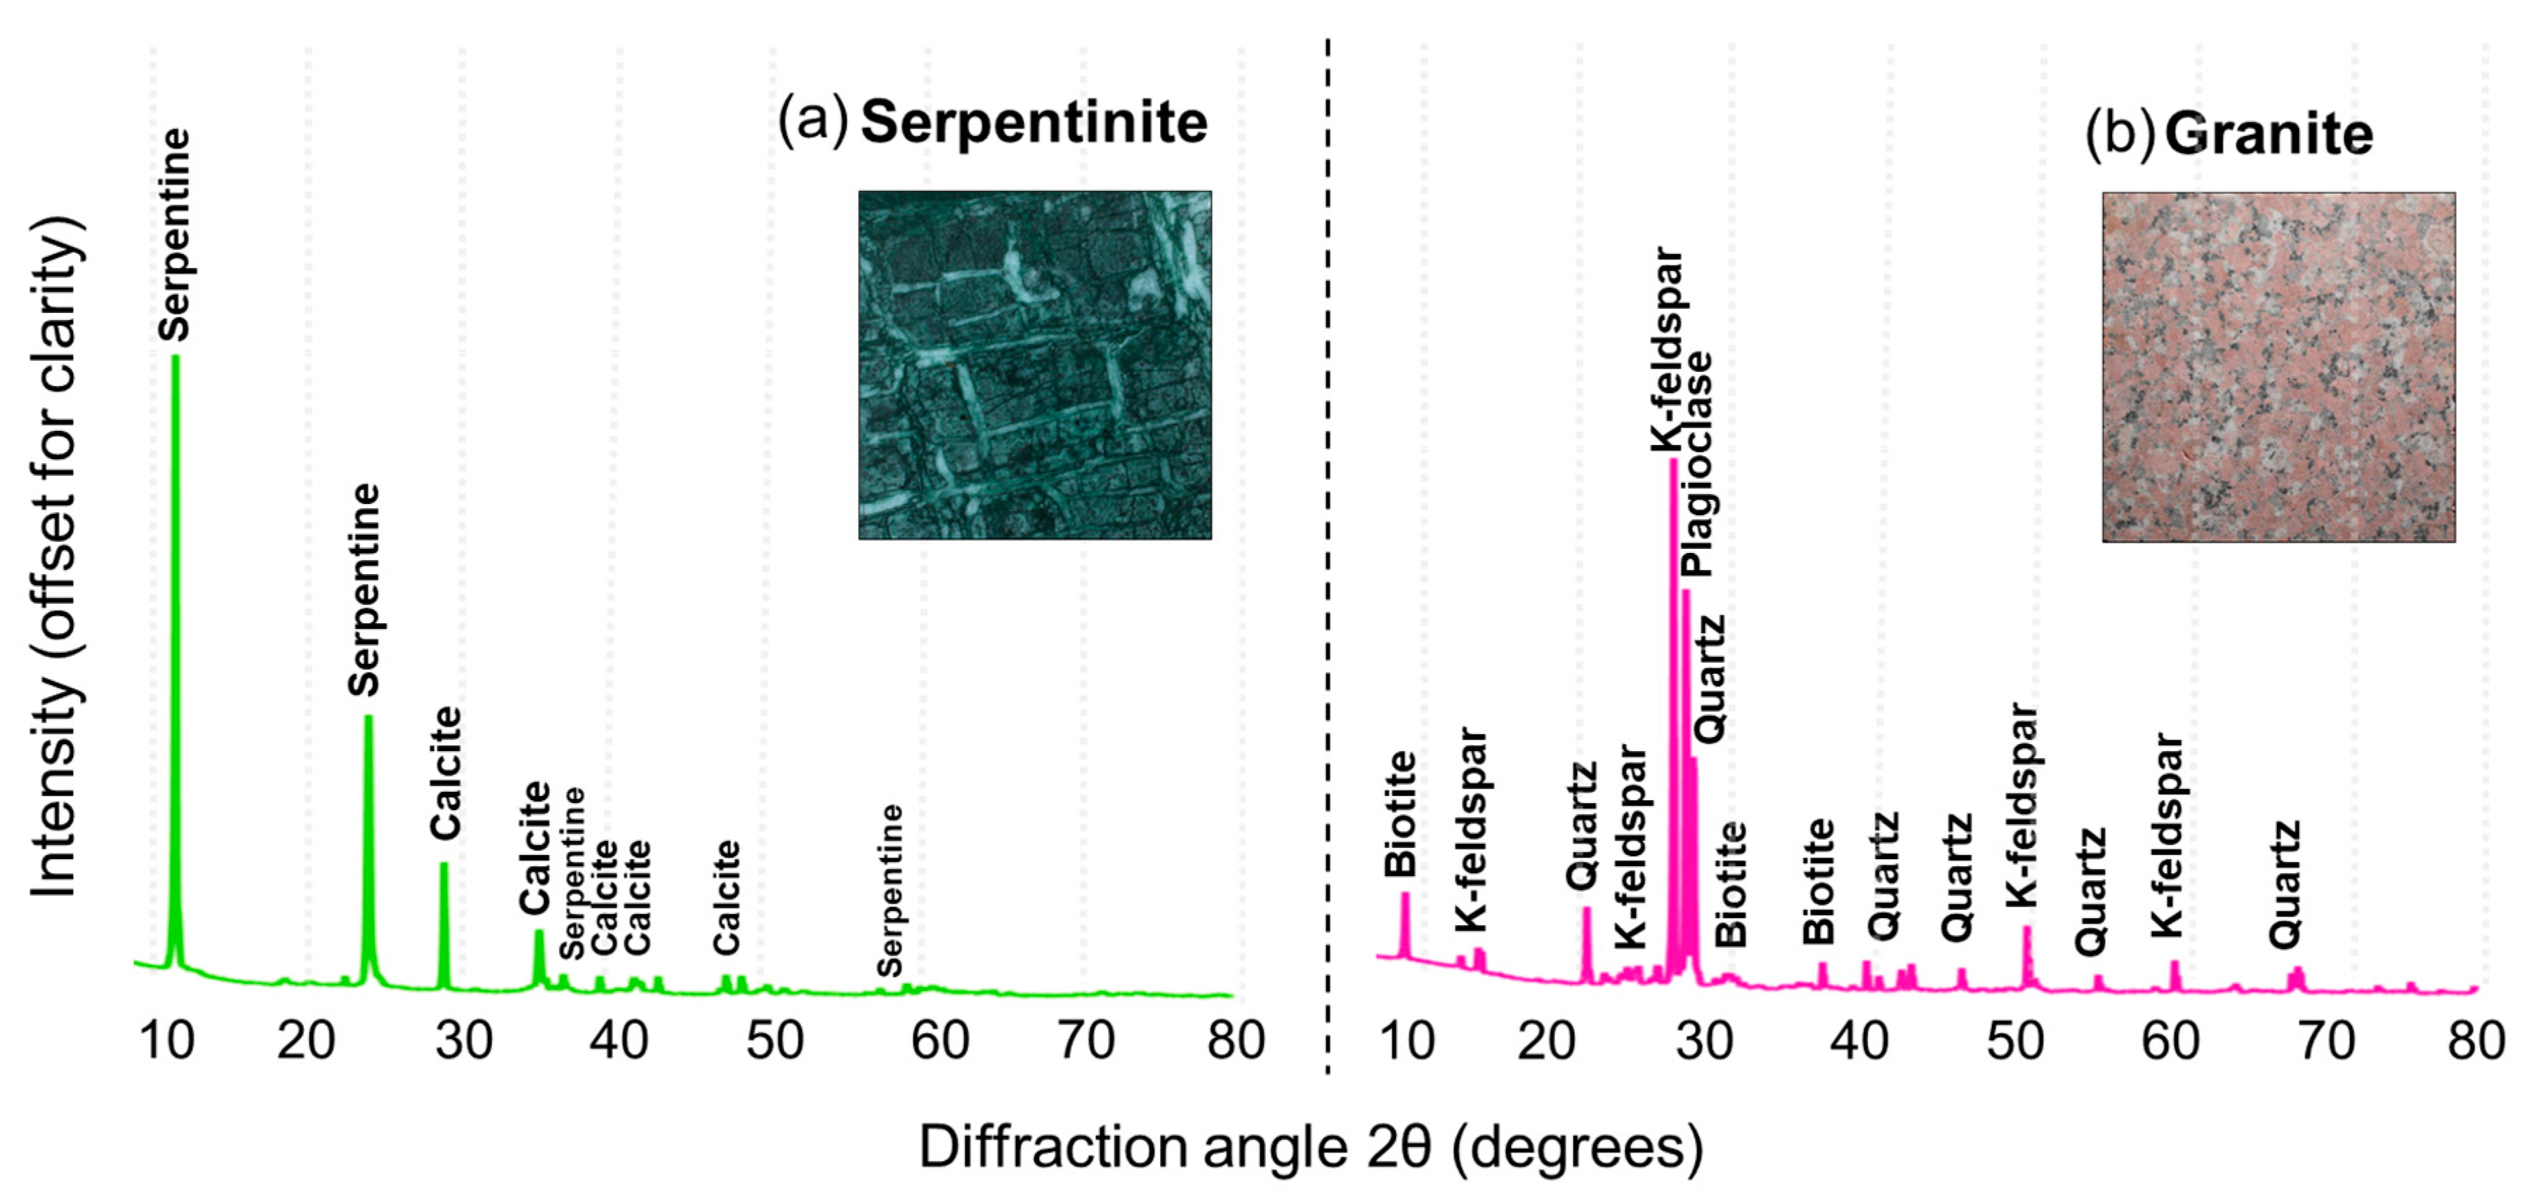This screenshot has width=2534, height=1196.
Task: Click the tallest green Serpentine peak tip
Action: tap(176, 359)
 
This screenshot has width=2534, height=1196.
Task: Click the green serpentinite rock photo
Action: tap(1035, 365)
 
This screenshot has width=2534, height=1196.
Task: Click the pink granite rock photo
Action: tap(2278, 367)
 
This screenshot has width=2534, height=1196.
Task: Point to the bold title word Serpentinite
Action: tap(1034, 123)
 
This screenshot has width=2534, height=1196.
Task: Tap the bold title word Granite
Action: tap(2269, 135)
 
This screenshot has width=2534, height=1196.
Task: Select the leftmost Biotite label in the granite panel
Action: tap(1400, 814)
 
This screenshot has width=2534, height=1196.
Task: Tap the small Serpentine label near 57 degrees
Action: tap(890, 890)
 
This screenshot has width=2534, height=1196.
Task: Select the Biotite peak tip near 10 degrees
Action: tap(1405, 895)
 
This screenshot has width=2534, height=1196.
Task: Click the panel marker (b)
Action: tap(2118, 135)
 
